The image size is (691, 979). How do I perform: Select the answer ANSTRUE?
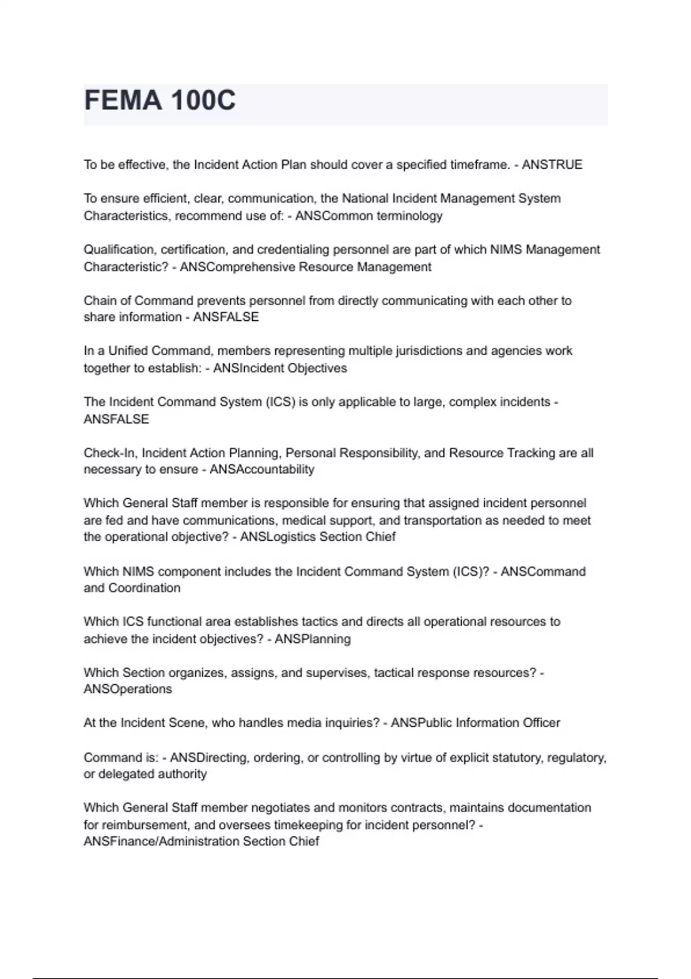[x=552, y=165]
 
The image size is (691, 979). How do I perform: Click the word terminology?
[x=409, y=216]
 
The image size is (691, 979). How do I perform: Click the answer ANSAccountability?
[x=262, y=470]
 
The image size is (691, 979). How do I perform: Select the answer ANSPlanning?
[x=313, y=639]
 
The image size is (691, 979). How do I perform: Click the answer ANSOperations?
[x=128, y=689]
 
